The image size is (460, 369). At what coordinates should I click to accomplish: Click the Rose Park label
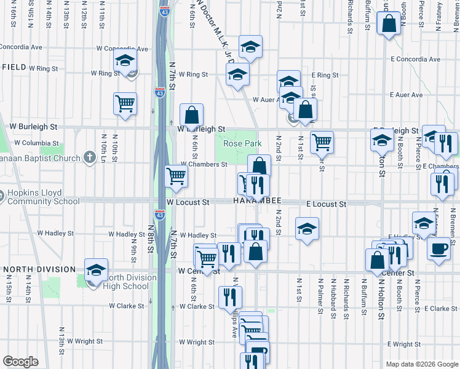[x=242, y=143]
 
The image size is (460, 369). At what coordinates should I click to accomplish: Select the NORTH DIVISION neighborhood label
[x=40, y=269]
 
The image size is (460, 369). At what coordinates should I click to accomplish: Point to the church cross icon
[x=90, y=157]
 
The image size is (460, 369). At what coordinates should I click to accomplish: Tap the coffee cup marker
[x=438, y=249]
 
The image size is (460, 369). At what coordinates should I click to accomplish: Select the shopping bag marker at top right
[x=389, y=24]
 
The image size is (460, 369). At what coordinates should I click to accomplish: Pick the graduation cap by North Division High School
[x=96, y=270]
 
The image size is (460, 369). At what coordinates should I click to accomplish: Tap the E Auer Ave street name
[x=406, y=95]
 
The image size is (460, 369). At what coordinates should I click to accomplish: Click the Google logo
[x=20, y=362]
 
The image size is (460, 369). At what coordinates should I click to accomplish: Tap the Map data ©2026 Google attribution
[x=421, y=364]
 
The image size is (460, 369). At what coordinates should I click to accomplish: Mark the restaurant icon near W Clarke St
[x=231, y=298]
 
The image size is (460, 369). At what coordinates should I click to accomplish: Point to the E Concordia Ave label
[x=417, y=60]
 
